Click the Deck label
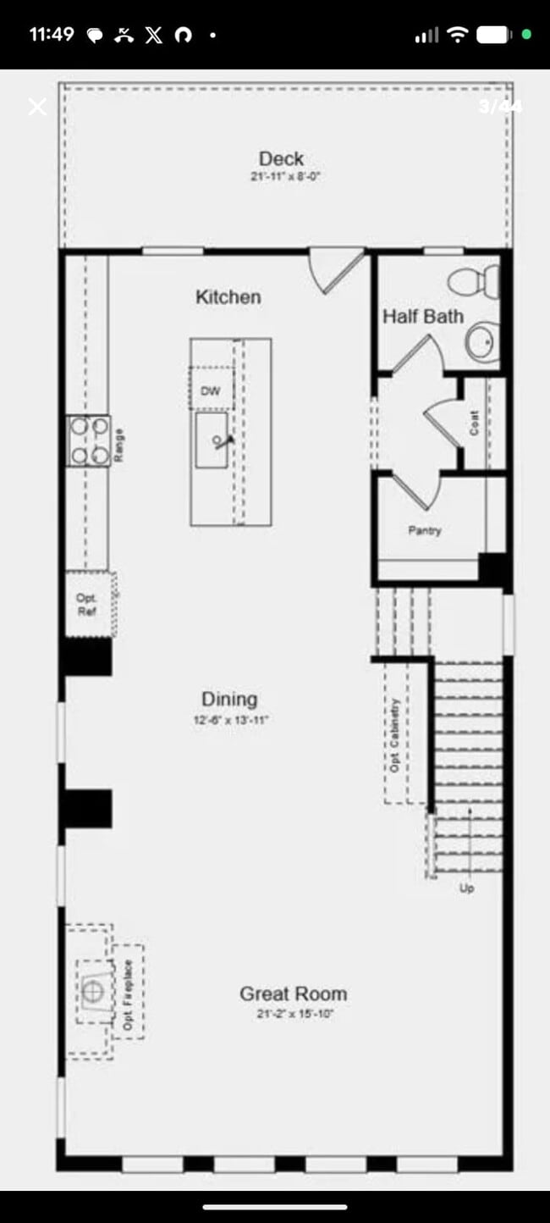(281, 158)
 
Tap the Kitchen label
(228, 297)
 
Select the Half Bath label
(423, 317)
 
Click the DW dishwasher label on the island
(210, 391)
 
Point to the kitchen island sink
(212, 440)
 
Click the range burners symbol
(89, 440)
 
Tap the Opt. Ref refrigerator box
(87, 605)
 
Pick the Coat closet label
(475, 423)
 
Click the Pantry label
(424, 531)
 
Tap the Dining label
(229, 700)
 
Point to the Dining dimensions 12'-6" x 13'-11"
(229, 721)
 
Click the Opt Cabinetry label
(394, 734)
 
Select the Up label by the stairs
(466, 888)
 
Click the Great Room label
(293, 994)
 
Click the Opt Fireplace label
(129, 994)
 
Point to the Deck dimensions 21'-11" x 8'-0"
(284, 177)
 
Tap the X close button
(37, 107)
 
